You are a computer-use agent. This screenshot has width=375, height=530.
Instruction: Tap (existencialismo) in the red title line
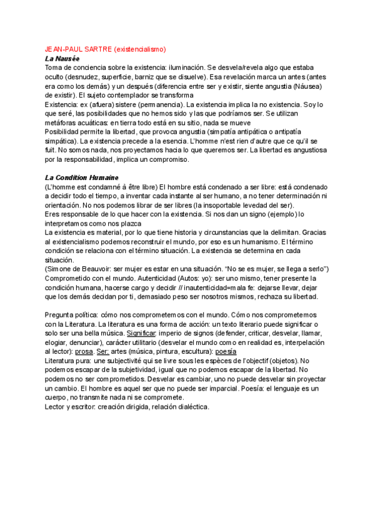[x=141, y=49]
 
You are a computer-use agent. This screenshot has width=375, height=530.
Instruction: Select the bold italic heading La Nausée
[x=62, y=57]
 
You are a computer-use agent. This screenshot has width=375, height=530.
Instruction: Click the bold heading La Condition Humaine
[x=81, y=178]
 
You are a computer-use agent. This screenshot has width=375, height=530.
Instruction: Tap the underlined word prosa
[x=84, y=351]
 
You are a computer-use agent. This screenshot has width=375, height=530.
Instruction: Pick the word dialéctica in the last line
[x=189, y=406]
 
